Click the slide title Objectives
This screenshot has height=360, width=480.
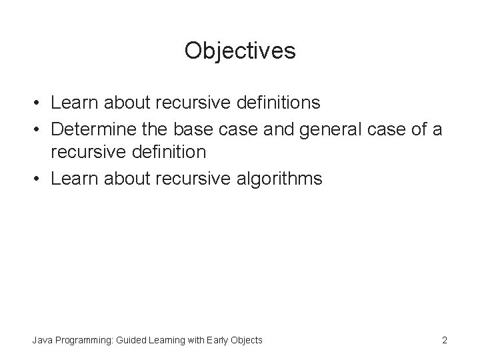240,51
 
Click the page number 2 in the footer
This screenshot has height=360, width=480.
445,341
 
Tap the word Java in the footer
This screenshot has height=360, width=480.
42,341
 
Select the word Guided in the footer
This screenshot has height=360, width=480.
130,341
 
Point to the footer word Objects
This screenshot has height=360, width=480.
246,341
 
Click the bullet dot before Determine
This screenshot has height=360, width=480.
39,129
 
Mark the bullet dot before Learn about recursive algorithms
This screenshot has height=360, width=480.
39,178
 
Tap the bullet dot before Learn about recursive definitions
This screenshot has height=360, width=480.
39,104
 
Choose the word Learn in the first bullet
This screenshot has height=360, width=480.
73,103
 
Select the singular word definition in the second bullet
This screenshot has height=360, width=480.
171,153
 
